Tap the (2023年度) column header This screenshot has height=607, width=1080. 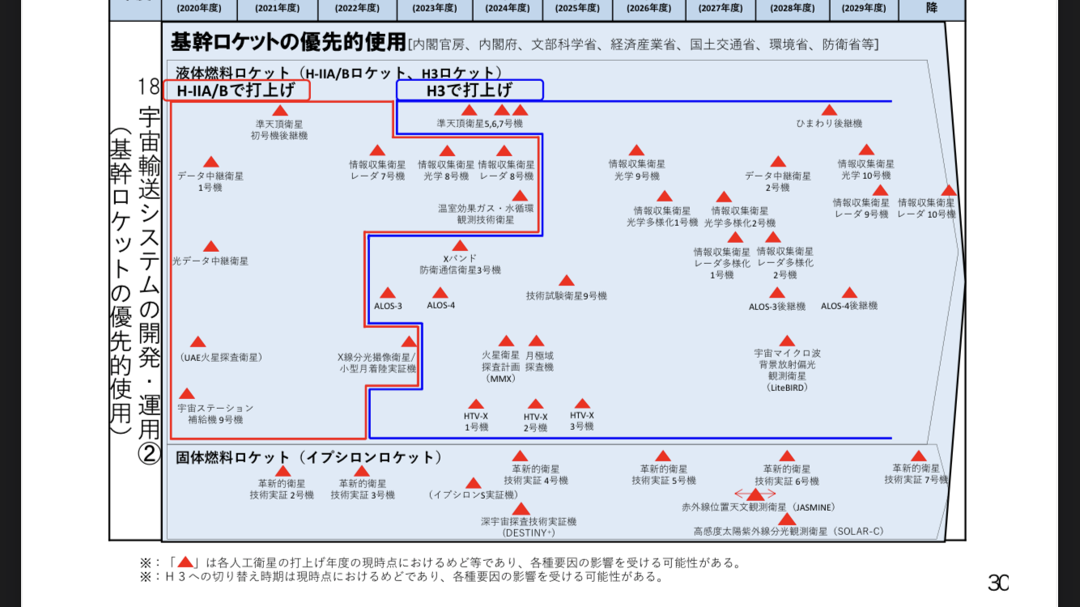tap(435, 8)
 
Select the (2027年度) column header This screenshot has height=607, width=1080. tap(721, 8)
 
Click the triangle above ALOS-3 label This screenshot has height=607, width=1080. tap(388, 293)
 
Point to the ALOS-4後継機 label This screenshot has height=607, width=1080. tap(849, 306)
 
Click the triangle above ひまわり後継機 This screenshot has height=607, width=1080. tap(829, 110)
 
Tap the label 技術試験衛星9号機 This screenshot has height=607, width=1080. tap(566, 295)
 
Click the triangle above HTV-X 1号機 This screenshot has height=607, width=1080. tap(476, 404)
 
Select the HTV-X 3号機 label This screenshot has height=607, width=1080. tap(582, 421)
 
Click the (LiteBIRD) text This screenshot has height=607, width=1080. tap(787, 388)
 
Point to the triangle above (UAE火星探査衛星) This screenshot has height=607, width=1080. tap(198, 342)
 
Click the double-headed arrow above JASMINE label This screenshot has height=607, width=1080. tap(755, 494)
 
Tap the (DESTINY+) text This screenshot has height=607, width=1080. tap(529, 533)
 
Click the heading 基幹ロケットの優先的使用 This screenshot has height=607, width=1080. tap(288, 42)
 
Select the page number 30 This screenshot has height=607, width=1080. tap(998, 583)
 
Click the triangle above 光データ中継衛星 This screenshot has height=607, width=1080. tap(210, 246)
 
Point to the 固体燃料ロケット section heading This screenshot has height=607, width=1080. tap(308, 457)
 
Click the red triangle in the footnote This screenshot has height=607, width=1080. tap(185, 562)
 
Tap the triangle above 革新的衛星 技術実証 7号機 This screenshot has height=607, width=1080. tap(918, 456)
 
